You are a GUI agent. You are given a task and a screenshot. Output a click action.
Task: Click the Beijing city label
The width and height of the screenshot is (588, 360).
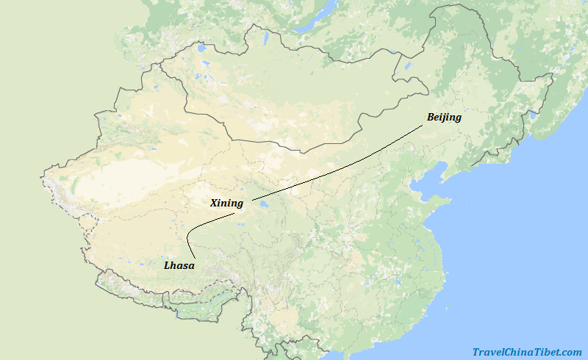pyautogui.click(x=444, y=117)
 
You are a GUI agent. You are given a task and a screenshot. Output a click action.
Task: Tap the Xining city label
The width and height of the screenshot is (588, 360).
pyautogui.click(x=226, y=203)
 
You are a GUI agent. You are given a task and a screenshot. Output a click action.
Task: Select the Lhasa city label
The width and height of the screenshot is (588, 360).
pyautogui.click(x=179, y=265)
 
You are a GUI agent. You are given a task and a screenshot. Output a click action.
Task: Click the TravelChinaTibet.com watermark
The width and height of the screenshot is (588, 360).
pyautogui.click(x=526, y=353)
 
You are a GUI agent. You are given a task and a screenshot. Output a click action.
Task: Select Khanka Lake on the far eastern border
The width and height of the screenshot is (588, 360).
pyautogui.click(x=533, y=115)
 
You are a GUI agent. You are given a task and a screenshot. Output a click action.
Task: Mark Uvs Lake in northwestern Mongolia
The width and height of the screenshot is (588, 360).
pyautogui.click(x=201, y=51)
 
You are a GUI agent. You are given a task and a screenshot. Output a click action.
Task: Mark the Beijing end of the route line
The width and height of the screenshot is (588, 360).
pyautogui.click(x=423, y=126)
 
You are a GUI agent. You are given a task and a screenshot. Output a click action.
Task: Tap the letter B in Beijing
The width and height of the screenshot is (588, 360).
pyautogui.click(x=431, y=117)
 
